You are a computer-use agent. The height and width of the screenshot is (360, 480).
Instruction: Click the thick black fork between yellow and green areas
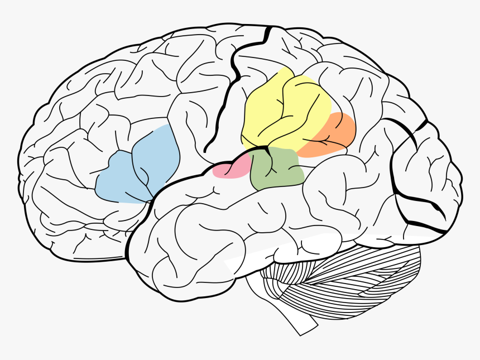point(267,150)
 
